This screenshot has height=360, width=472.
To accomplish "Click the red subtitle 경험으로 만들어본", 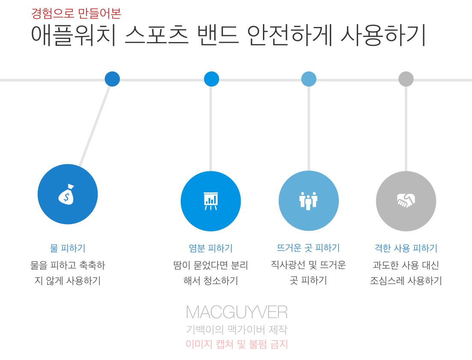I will pyautogui.click(x=76, y=13).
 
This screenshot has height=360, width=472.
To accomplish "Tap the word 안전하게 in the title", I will pyautogui.click(x=290, y=35).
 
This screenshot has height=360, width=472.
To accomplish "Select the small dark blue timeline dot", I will pyautogui.click(x=112, y=79).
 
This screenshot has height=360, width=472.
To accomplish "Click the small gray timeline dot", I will pyautogui.click(x=406, y=79).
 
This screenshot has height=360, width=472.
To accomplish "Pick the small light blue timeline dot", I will pyautogui.click(x=308, y=79).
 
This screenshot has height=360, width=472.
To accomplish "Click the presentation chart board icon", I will pyautogui.click(x=211, y=201).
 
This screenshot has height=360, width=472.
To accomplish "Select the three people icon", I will pyautogui.click(x=308, y=201).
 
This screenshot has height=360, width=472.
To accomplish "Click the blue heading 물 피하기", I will pyautogui.click(x=68, y=248).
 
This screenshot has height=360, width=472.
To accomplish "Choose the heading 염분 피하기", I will pyautogui.click(x=211, y=248).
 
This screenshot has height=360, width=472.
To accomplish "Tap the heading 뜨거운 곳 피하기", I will pyautogui.click(x=308, y=248).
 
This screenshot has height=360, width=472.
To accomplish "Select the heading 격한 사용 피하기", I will pyautogui.click(x=406, y=248).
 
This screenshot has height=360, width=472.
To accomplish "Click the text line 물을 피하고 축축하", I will pyautogui.click(x=68, y=265).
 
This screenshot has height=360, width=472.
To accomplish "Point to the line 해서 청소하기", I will pyautogui.click(x=211, y=281).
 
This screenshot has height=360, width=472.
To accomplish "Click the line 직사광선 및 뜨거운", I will pyautogui.click(x=308, y=265).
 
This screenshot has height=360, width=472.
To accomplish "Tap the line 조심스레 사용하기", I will pyautogui.click(x=406, y=281).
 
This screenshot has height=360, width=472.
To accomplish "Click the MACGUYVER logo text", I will pyautogui.click(x=236, y=312).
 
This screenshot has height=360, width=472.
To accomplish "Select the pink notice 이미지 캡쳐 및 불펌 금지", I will pyautogui.click(x=236, y=344).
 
